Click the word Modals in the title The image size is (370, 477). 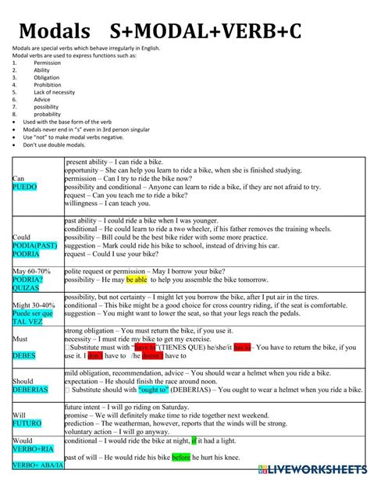coord(55,31)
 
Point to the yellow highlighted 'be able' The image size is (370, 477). coord(137,279)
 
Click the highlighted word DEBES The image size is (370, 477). coord(24,355)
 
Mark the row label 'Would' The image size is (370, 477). coord(23,440)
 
